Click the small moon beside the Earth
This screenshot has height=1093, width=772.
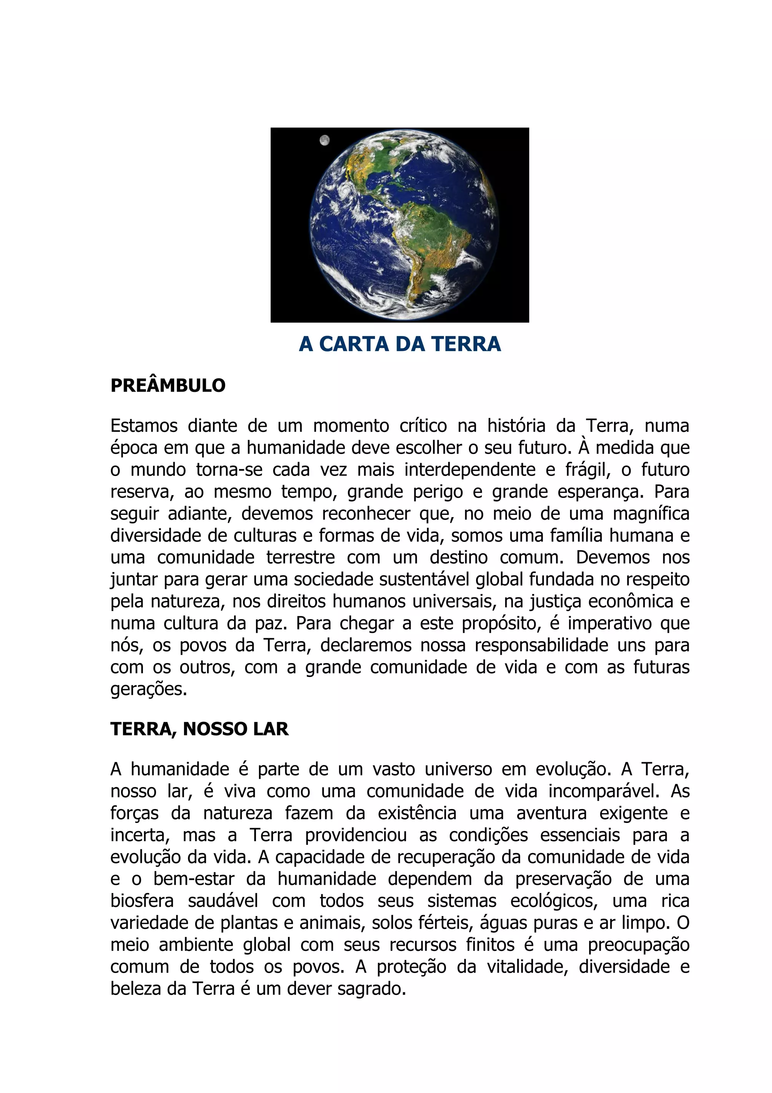click(325, 140)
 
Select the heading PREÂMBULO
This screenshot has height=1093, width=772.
click(168, 385)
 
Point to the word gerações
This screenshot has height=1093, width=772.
click(149, 689)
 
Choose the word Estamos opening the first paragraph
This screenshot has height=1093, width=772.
click(144, 425)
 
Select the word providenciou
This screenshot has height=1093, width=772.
click(356, 835)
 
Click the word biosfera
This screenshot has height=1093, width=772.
click(142, 901)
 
